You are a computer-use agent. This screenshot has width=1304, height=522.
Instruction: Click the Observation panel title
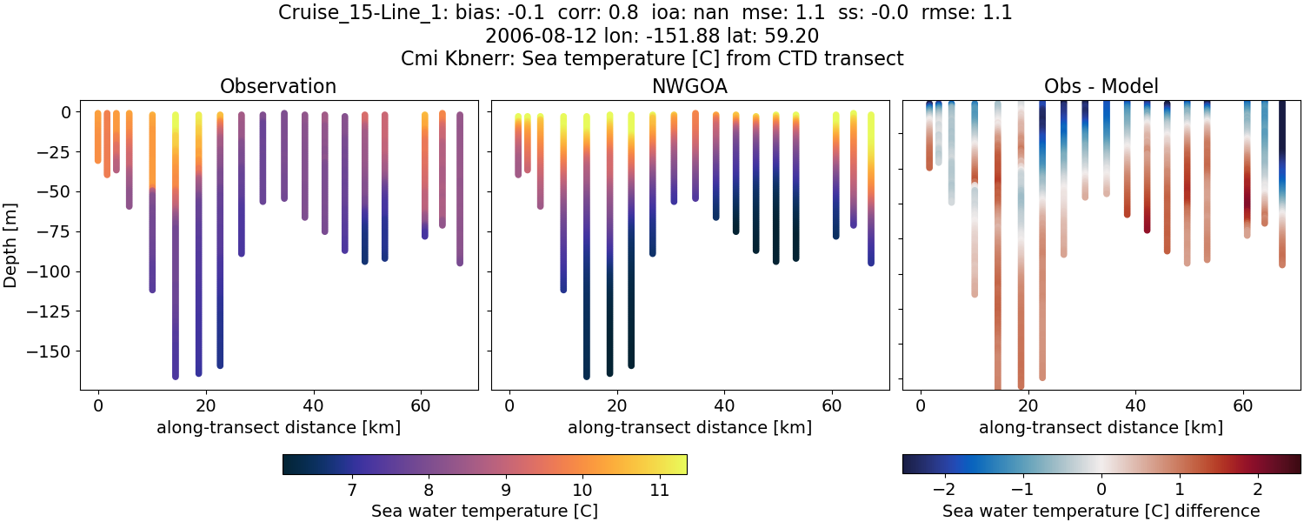[278, 86]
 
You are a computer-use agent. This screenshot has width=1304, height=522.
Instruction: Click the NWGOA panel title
[690, 86]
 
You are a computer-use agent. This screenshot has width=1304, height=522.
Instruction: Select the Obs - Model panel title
[1101, 86]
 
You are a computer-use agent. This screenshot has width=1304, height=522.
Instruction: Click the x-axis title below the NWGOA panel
[690, 427]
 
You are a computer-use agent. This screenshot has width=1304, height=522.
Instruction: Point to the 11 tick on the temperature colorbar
[659, 490]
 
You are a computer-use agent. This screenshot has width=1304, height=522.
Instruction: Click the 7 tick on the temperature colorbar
[351, 490]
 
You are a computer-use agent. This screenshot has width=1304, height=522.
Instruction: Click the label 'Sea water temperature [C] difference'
[1101, 511]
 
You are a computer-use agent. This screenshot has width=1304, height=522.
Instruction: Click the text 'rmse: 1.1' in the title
[962, 13]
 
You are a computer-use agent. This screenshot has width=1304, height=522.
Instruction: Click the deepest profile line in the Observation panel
[176, 261]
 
